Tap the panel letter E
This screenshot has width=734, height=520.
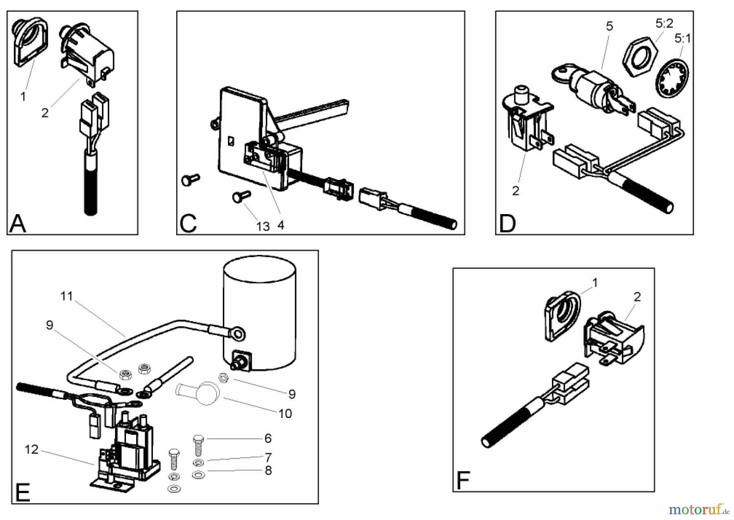click(23, 493)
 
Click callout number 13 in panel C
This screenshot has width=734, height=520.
click(263, 226)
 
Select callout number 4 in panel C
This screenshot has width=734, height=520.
click(281, 225)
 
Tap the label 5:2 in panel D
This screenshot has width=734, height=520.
click(664, 24)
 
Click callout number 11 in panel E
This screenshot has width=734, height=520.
click(66, 296)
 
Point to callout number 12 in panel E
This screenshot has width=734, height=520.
click(31, 449)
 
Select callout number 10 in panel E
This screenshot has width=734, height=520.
click(285, 414)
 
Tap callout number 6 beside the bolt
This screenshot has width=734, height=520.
click(268, 438)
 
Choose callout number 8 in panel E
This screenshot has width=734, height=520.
click(268, 470)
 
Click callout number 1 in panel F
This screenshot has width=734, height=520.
click(595, 283)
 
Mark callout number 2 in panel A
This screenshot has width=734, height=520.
click(45, 113)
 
